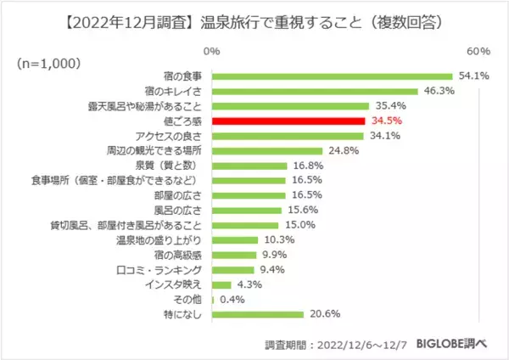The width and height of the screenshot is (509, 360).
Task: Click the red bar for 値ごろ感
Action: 288,121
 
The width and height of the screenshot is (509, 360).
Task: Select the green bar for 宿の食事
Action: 332,76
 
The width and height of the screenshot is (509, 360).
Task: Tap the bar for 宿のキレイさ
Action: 315,91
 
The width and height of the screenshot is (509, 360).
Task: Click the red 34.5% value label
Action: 387,121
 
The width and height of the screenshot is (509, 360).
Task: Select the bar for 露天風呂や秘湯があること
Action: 289,106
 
